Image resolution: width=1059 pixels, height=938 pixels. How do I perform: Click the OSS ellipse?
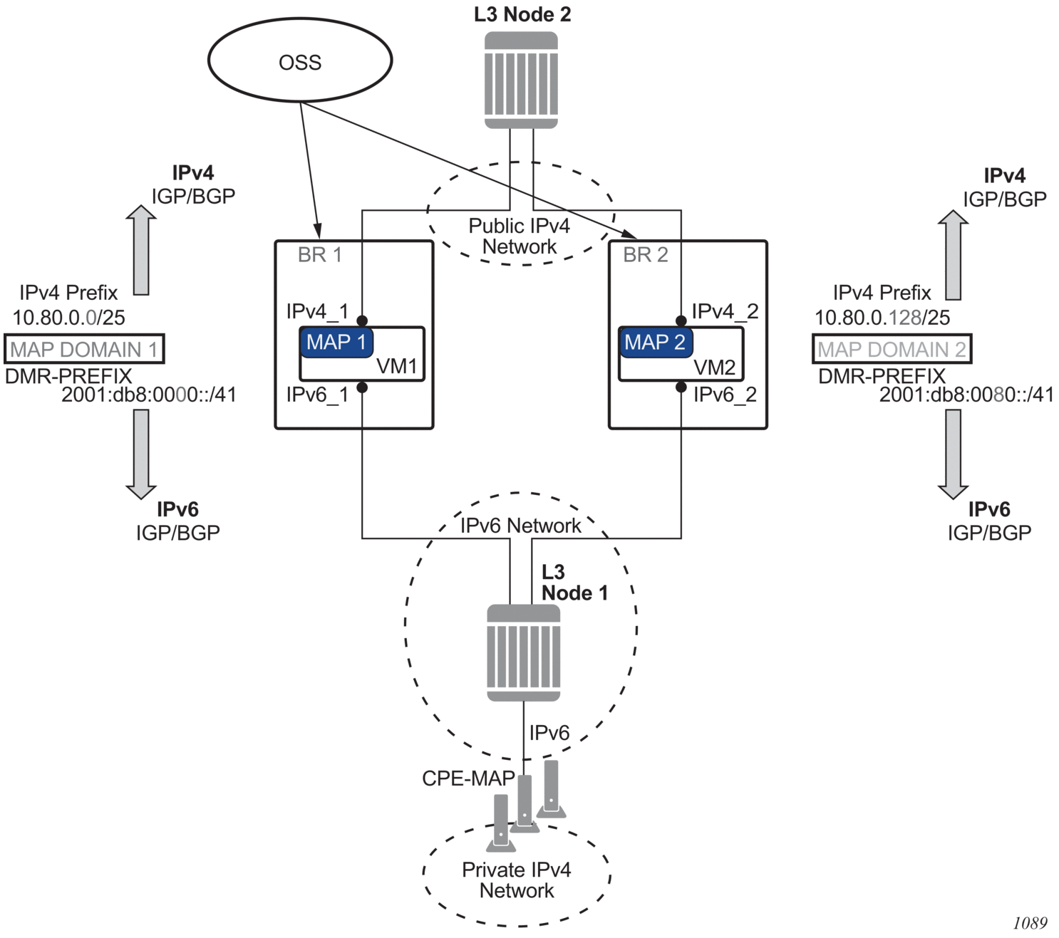tap(300, 61)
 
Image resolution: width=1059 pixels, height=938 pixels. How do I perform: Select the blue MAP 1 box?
tap(336, 343)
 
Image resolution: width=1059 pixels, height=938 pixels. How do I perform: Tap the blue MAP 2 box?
tap(655, 343)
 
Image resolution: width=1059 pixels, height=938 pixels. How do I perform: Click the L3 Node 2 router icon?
tap(521, 80)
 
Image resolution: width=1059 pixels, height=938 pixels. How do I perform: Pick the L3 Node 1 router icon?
tap(524, 652)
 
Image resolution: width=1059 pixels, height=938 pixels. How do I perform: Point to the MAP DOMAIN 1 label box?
tap(84, 349)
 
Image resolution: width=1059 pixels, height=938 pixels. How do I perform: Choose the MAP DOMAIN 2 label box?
tap(892, 349)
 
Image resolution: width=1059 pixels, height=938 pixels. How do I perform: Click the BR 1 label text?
tap(320, 255)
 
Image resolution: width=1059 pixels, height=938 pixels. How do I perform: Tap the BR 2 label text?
tap(646, 255)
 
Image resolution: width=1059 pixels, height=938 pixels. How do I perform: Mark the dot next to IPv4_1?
tap(362, 321)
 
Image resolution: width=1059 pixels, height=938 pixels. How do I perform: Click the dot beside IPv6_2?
tap(681, 387)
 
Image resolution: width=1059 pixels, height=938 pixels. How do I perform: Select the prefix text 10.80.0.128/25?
tap(882, 318)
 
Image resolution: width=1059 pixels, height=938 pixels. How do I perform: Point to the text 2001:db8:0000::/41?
tap(149, 395)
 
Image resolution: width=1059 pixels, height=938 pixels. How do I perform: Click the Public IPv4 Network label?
tap(520, 236)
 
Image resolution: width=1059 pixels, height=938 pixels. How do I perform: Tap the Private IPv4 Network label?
tap(517, 880)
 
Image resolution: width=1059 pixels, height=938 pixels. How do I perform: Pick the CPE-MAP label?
tap(468, 778)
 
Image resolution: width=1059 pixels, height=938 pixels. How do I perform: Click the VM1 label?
tap(397, 366)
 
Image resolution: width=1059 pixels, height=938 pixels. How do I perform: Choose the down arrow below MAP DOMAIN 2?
tap(953, 454)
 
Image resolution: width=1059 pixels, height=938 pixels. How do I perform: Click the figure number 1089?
tap(1030, 923)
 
